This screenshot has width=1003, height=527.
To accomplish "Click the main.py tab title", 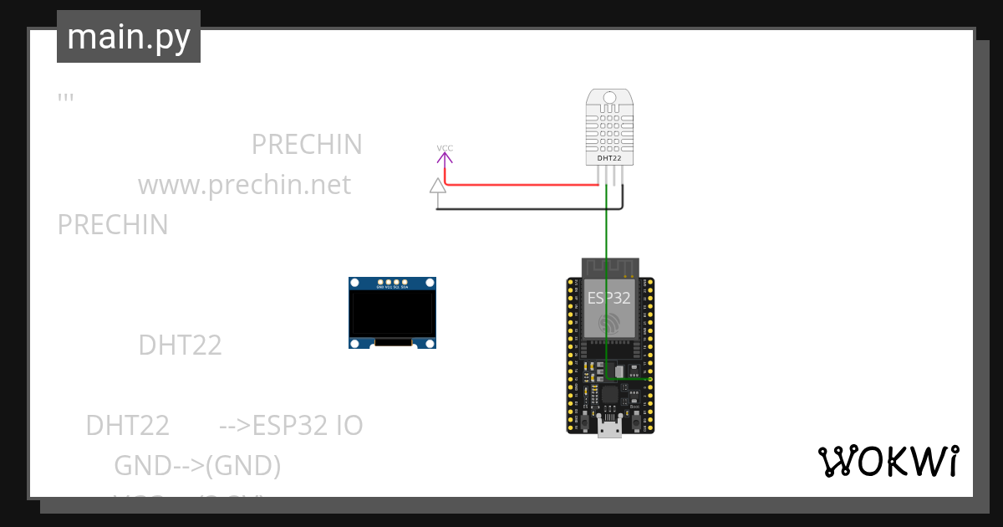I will click(129, 37).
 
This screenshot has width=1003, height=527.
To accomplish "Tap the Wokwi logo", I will click(888, 462).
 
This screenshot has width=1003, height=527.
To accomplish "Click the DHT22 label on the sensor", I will click(609, 158).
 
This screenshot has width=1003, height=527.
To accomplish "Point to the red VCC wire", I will click(518, 185).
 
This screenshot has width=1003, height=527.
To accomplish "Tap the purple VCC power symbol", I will click(445, 152).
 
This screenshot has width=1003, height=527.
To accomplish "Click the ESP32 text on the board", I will click(609, 299).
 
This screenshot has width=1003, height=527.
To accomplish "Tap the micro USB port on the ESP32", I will click(610, 428).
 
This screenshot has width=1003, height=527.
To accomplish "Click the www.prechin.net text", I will click(244, 184).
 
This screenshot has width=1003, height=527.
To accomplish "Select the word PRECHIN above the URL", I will click(307, 145).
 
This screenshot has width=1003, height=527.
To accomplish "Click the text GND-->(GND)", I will click(197, 465).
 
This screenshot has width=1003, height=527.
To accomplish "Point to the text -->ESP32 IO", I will click(291, 426).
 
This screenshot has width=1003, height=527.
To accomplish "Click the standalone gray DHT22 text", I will click(180, 345).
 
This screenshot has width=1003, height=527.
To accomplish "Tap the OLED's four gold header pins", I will click(392, 282).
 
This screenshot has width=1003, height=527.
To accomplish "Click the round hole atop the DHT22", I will click(609, 98).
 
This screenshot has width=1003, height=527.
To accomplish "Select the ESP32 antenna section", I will click(609, 267).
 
